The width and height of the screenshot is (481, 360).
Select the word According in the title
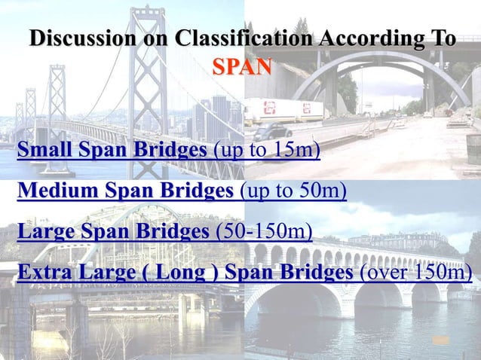coord(376,38)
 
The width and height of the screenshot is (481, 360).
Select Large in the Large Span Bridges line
coord(44,229)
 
